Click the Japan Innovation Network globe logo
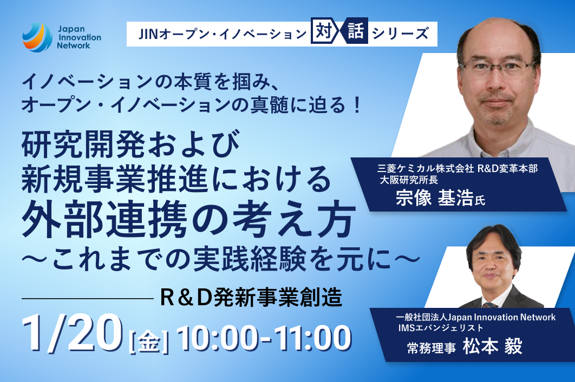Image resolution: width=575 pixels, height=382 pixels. pos(37,37)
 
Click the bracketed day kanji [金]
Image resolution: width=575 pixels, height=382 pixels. pos(149,341)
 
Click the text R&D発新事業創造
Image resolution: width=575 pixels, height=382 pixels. pos(251,297)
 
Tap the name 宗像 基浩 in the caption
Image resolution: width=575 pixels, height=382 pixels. pos(434,199)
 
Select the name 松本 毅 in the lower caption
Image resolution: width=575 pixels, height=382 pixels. pos(493,346)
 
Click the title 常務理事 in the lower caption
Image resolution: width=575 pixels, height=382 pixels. pos(432,348)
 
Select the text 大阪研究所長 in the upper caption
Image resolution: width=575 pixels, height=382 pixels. pos(409,180)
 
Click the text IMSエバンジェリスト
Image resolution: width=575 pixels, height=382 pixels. pos(441,327)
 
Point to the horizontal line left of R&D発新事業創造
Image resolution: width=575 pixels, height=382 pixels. pos(88,299)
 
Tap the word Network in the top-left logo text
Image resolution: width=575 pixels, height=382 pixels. pos(73,46)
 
